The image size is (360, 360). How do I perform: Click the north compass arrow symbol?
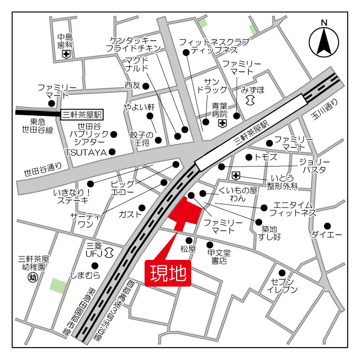point(323,41)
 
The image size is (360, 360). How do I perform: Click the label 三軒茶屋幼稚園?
point(34,263)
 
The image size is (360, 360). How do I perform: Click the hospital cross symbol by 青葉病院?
point(222,123)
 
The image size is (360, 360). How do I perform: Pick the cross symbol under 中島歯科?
point(66,54)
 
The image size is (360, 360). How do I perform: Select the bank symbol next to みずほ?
point(250,99)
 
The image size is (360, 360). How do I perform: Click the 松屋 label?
point(188,249)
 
